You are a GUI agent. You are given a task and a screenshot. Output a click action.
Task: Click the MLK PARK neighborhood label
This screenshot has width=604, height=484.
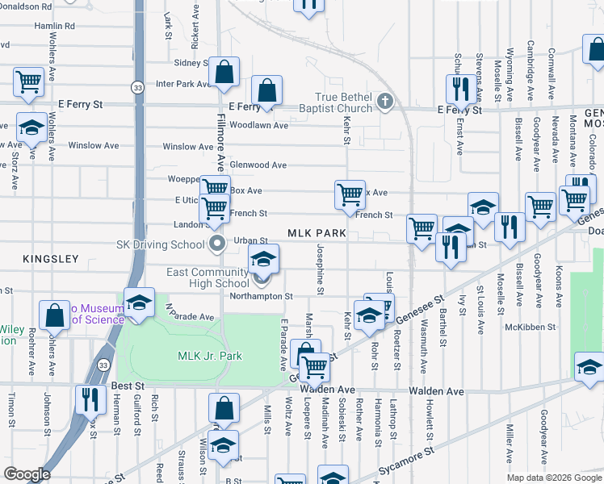coord(317,233)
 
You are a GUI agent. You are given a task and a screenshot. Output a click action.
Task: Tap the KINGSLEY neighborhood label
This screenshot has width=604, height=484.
coord(50,259)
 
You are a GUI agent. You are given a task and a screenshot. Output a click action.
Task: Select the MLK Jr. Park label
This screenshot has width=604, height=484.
coord(209,356)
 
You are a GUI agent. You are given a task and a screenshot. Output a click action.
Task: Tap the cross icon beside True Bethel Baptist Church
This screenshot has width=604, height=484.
coord(385,101)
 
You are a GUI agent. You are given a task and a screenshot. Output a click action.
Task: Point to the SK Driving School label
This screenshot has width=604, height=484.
coord(161,244)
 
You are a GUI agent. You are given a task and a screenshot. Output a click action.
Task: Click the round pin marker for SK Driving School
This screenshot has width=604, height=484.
coord(216,243)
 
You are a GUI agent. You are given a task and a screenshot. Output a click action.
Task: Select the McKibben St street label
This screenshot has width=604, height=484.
coord(529,327)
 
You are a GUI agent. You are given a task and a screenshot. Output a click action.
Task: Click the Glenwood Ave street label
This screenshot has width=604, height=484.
coord(258,165)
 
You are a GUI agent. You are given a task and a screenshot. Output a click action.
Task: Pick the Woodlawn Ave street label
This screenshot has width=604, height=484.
coord(258,126)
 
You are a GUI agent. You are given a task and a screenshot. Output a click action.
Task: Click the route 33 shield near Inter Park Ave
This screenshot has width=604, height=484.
coord(139,86)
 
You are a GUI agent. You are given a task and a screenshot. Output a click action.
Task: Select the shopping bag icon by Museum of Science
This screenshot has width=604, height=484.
coord(54,316)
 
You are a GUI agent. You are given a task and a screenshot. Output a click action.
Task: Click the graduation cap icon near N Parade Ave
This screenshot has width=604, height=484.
coord(139,302)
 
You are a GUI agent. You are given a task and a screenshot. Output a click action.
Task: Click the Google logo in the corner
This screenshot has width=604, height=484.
coord(27,474)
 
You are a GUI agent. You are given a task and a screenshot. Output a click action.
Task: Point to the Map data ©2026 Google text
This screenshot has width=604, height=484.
coord(554,478)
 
